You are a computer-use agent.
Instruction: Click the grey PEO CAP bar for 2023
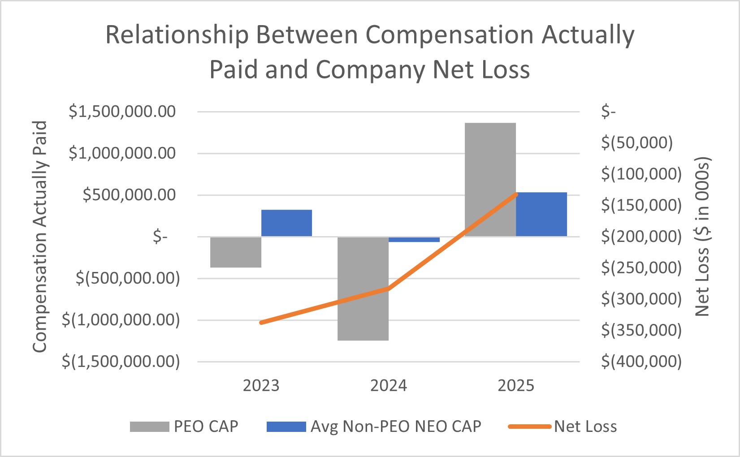click(x=236, y=252)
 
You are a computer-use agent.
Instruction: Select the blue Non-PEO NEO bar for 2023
click(x=286, y=223)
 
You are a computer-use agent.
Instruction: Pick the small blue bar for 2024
click(x=414, y=240)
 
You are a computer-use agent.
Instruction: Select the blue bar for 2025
click(x=541, y=214)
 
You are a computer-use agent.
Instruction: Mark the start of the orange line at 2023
click(x=261, y=323)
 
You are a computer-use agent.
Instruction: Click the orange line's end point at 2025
click(x=516, y=194)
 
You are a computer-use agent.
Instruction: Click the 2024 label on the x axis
click(x=388, y=386)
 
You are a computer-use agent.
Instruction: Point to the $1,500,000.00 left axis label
click(x=122, y=112)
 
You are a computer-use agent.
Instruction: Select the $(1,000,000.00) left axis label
click(x=121, y=320)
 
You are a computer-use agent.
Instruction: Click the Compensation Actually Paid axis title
click(x=40, y=237)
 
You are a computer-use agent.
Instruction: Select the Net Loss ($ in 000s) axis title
click(x=702, y=237)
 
